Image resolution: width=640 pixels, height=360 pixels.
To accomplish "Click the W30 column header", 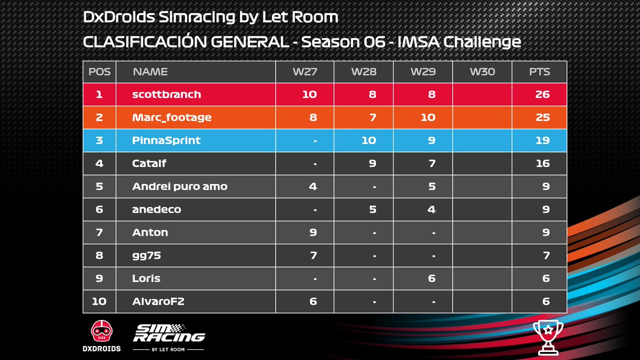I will point(482,71).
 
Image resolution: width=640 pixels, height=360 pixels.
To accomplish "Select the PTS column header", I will point(539,71).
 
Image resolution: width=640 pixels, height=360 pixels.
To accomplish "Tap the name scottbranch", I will point(166,94).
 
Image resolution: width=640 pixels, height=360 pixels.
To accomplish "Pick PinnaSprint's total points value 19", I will point(542,141).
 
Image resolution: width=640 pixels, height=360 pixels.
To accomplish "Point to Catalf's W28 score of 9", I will point(372,163).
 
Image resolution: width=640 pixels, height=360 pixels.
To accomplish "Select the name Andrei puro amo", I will point(180,186).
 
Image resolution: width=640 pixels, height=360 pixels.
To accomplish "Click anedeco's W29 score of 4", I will point(431,210).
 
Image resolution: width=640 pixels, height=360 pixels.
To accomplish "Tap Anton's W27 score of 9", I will point(313,232).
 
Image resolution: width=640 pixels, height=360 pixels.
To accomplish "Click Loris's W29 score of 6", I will point(431,278).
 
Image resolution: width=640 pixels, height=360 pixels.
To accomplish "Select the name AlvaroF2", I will point(158,301).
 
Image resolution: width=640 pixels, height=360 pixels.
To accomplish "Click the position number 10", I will point(99,301).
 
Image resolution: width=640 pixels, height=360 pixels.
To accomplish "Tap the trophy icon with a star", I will point(547,337).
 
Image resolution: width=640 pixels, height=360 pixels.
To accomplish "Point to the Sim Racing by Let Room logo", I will point(169,337).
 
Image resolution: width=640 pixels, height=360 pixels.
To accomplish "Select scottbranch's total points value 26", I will point(542,94).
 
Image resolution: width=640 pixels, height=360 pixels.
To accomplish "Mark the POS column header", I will point(99,71).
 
